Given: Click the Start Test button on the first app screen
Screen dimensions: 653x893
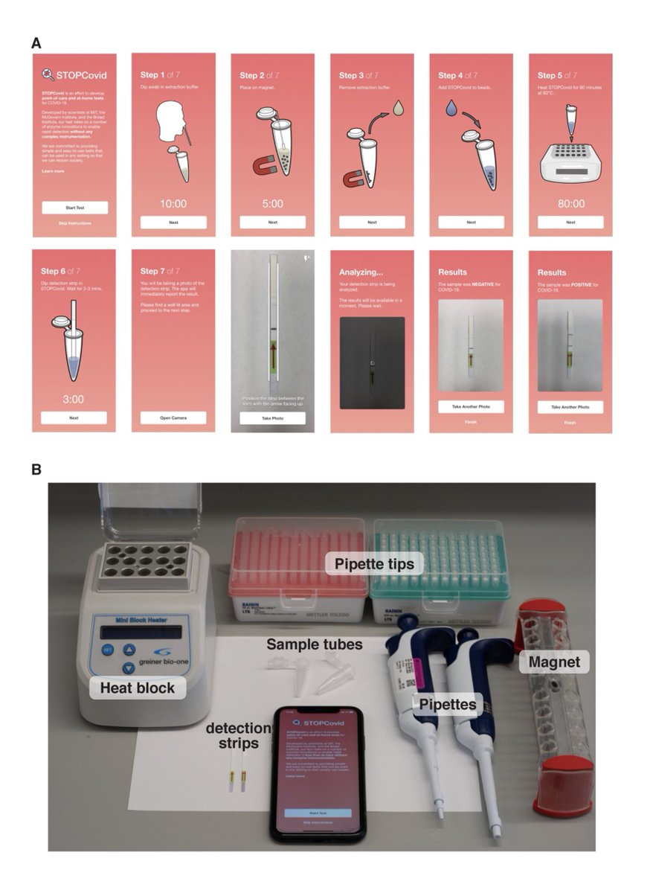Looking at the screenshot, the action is pyautogui.click(x=74, y=208).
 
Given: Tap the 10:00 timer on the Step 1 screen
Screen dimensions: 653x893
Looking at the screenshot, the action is pyautogui.click(x=173, y=203).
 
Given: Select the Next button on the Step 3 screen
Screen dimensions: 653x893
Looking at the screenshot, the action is pyautogui.click(x=372, y=222).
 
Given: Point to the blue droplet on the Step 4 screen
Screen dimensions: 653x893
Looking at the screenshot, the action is pyautogui.click(x=451, y=109).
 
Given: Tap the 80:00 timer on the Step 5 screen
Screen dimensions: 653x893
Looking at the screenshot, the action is pyautogui.click(x=570, y=203).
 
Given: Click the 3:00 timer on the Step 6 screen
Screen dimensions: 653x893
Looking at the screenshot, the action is pyautogui.click(x=74, y=399).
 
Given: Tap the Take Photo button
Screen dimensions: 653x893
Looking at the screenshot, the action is pyautogui.click(x=272, y=418).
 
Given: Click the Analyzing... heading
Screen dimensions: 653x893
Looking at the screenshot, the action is pyautogui.click(x=361, y=272).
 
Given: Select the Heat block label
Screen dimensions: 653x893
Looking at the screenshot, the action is pyautogui.click(x=138, y=688).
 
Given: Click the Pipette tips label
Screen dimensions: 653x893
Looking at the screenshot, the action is pyautogui.click(x=373, y=564).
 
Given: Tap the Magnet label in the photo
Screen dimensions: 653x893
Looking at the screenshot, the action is pyautogui.click(x=553, y=660).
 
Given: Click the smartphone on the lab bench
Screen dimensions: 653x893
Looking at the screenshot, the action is pyautogui.click(x=318, y=774).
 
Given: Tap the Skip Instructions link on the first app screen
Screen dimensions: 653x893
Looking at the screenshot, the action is pyautogui.click(x=74, y=223).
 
